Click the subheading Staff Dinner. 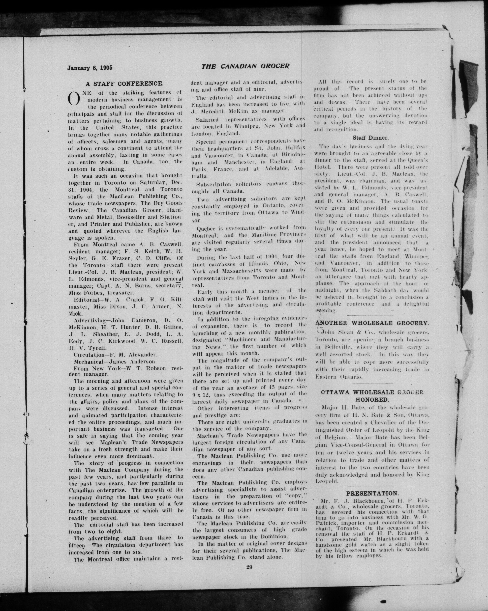[371, 138]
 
